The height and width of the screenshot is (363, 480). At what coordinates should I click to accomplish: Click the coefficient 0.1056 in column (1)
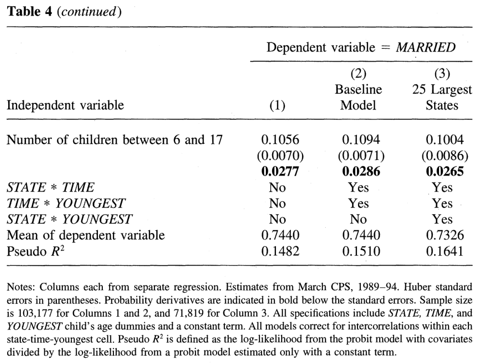(280, 140)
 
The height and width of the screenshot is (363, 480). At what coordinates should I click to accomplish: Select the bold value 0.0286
(361, 171)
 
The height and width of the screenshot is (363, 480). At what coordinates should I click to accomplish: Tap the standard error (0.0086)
(444, 155)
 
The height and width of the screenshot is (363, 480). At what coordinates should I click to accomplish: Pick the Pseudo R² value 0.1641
(445, 251)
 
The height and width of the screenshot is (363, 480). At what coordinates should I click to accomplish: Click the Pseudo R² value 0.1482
(280, 251)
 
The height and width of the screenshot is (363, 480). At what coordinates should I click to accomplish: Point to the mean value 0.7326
(445, 235)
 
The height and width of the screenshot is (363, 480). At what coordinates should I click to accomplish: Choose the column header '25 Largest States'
(442, 97)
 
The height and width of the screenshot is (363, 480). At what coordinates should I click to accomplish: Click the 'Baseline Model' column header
(358, 97)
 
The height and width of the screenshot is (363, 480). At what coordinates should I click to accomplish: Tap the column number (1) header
(277, 105)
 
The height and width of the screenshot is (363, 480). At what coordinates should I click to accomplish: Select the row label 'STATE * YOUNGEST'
(69, 219)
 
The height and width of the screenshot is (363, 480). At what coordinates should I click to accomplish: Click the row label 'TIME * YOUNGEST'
(66, 203)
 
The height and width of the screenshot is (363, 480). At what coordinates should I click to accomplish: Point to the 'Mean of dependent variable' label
(86, 235)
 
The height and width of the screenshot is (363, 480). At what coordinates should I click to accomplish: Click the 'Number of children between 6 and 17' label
(114, 140)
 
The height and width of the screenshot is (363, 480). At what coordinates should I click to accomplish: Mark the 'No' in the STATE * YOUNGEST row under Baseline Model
(358, 219)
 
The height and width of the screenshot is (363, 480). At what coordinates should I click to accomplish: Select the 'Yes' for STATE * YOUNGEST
(442, 219)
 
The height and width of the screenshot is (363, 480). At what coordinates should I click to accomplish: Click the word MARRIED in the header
(426, 47)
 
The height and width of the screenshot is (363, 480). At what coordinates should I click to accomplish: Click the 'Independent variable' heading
(65, 105)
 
